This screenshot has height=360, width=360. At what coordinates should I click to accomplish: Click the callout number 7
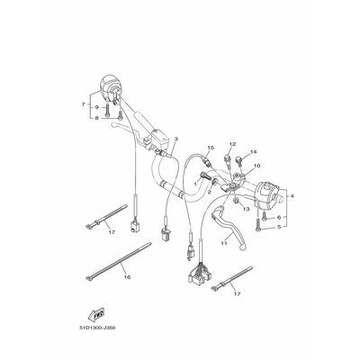[83, 105]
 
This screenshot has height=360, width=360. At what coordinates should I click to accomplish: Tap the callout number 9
[96, 107]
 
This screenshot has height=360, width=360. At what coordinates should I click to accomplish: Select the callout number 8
[96, 119]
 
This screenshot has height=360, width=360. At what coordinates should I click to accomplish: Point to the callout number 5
[278, 229]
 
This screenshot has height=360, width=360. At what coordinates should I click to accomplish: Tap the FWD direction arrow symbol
[93, 315]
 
